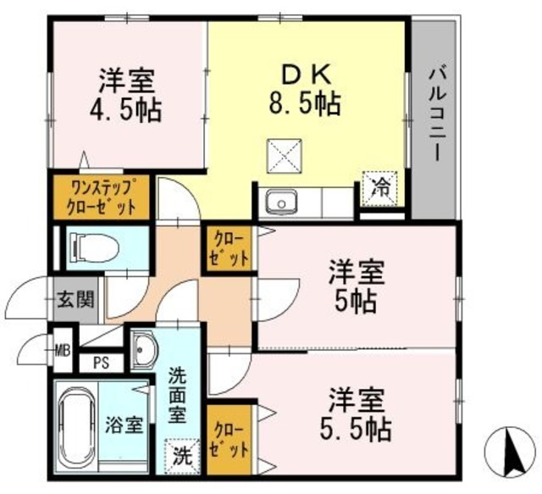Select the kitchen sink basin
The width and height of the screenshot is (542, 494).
279,203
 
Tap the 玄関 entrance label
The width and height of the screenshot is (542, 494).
69,300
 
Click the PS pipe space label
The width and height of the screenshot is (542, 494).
101,364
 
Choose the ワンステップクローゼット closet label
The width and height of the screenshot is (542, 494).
101,197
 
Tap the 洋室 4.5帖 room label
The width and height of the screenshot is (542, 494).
128,96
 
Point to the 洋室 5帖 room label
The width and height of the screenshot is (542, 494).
357,287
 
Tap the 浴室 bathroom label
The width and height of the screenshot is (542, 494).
124,425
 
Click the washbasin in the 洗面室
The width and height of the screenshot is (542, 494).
144,348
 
